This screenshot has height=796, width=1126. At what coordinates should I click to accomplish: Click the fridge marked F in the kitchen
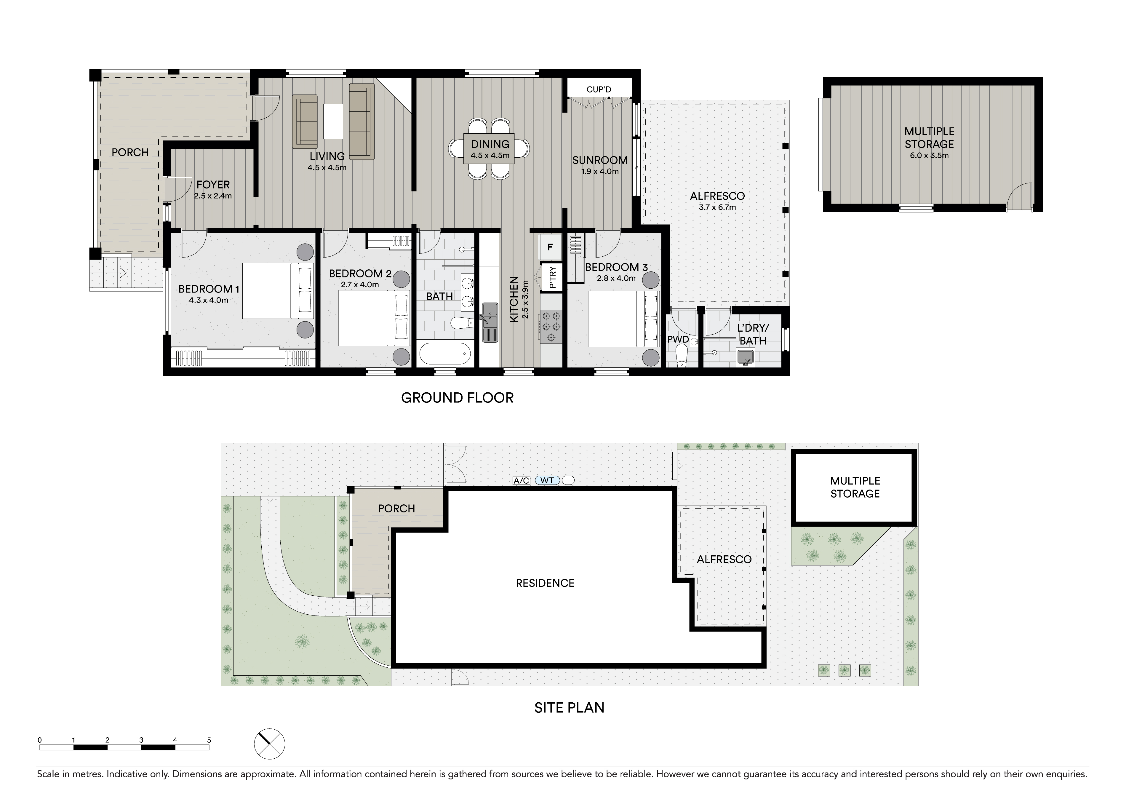click(550, 247)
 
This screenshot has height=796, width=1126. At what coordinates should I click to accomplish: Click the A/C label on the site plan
click(521, 481)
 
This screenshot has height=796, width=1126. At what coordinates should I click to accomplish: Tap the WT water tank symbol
click(547, 481)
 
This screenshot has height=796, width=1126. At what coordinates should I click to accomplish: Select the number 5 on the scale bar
click(209, 740)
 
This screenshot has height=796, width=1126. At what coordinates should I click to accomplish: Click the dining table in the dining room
click(490, 148)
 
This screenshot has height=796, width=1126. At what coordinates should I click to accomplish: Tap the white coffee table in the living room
click(333, 121)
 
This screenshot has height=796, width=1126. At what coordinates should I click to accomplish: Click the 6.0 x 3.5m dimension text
click(929, 156)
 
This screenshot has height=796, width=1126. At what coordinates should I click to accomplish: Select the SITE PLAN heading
click(570, 708)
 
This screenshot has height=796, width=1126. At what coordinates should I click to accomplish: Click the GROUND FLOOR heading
click(457, 398)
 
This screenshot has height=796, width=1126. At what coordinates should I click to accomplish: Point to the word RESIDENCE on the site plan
click(545, 583)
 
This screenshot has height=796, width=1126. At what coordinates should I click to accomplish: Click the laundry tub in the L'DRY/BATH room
click(746, 357)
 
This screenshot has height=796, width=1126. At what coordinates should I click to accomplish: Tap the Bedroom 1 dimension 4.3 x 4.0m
click(208, 300)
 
